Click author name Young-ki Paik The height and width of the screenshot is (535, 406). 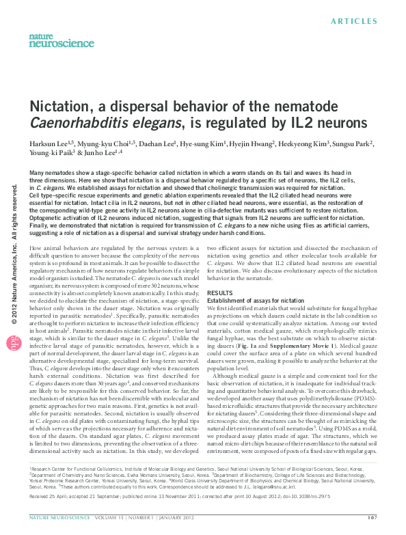(x=46, y=154)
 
